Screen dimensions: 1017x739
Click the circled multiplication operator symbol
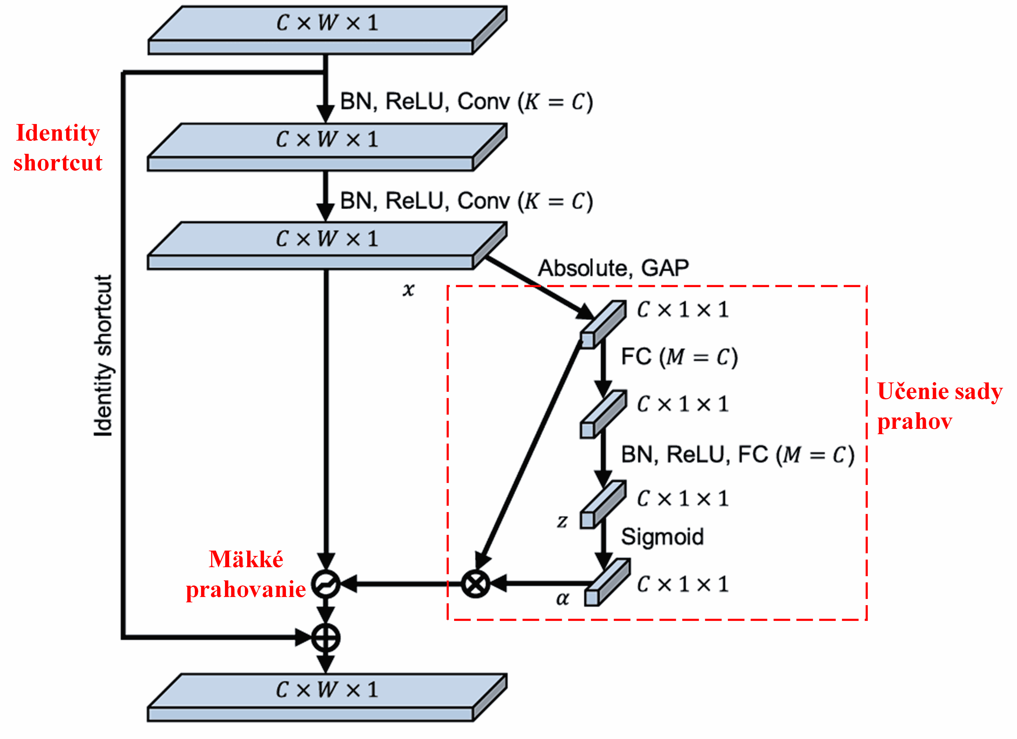[x=475, y=584]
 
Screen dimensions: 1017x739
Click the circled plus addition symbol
[x=326, y=638]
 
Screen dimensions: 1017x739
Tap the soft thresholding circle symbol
[x=326, y=584]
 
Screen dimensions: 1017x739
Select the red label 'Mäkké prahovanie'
[x=246, y=574]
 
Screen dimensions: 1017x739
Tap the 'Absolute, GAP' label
[x=613, y=268]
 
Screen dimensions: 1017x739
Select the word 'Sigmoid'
[x=662, y=537]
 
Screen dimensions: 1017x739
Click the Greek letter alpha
[x=562, y=599]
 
